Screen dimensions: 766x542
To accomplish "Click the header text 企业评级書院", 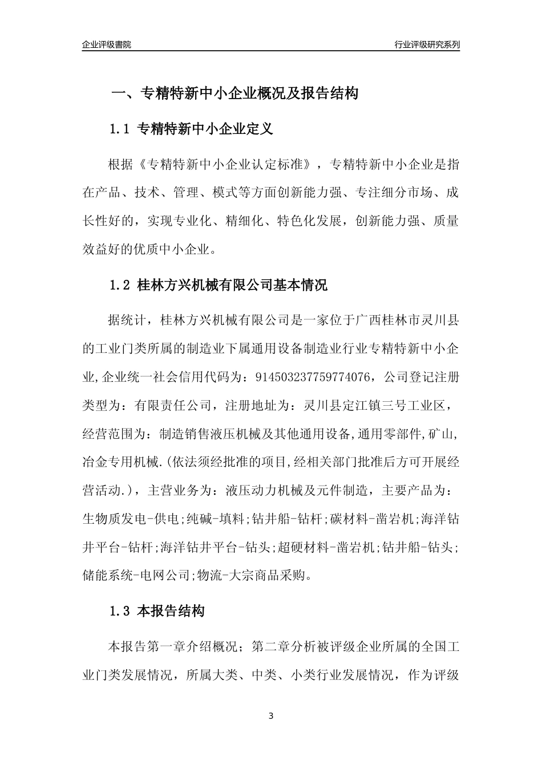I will [x=107, y=44].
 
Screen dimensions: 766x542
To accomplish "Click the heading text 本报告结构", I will [x=171, y=612].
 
